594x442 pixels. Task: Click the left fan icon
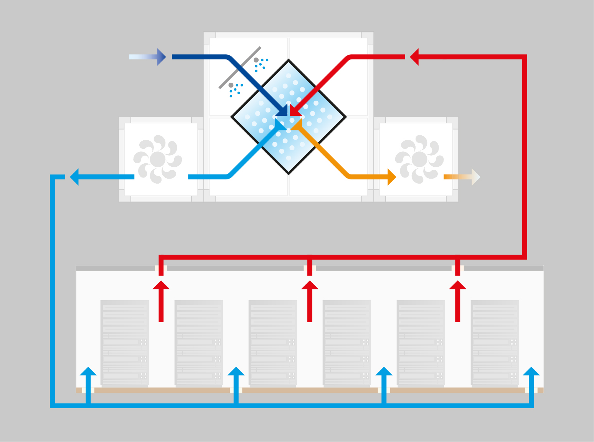157,159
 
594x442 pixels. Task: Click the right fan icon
419,159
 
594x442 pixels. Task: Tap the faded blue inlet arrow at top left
148,57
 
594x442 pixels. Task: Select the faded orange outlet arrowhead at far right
476,177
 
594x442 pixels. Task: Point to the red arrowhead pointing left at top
414,57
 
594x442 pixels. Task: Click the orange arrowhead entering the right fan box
392,177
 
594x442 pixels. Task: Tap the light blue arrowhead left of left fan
74,177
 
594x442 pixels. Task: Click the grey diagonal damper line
240,67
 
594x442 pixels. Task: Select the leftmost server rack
124,342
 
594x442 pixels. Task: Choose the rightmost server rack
495,342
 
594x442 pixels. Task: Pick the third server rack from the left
272,342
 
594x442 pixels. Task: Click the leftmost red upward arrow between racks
161,301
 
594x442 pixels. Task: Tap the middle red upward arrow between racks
310,301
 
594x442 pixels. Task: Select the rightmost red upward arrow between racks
457,301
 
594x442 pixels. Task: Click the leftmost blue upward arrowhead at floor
88,371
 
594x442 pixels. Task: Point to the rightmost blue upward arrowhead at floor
531,371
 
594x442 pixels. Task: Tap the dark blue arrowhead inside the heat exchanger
282,111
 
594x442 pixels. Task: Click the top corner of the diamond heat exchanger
289,60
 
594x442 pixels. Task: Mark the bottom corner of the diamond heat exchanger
289,174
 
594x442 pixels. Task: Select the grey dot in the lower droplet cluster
231,85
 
